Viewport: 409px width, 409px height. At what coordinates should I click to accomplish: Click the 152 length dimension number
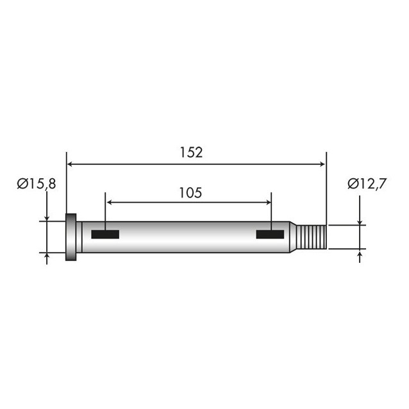192,153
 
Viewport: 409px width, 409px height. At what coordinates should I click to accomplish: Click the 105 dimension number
190,192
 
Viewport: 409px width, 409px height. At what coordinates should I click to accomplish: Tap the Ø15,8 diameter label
37,184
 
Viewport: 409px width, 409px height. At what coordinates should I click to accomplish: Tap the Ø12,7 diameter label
367,184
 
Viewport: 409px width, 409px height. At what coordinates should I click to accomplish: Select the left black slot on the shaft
105,235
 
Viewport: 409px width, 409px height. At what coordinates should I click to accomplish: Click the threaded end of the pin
314,237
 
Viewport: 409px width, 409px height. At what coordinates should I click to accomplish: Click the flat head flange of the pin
71,237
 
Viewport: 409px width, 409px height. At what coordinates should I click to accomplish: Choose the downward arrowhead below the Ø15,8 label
47,217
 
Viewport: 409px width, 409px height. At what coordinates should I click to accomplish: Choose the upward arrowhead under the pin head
47,256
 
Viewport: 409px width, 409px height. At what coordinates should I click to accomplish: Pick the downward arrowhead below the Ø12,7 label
359,221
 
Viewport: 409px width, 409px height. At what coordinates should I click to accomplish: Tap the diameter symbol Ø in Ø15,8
22,184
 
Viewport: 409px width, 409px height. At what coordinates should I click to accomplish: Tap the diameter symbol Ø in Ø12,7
353,184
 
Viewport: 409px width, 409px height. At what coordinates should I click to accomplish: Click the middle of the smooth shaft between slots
189,237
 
